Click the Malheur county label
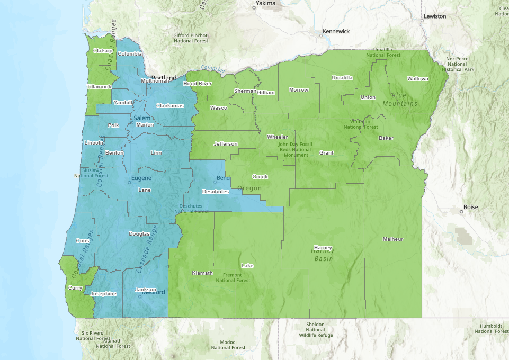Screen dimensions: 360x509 tap(393, 239)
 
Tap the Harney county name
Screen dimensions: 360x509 tap(323, 247)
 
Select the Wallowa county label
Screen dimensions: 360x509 tap(417, 79)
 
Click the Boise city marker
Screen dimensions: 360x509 tap(461, 212)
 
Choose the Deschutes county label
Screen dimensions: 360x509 tap(216, 191)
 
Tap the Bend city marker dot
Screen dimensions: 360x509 tap(215, 182)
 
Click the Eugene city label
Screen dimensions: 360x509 tap(141, 178)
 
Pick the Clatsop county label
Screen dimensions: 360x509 tap(103, 51)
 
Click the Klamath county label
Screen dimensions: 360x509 tap(202, 273)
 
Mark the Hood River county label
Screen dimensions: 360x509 tap(198, 84)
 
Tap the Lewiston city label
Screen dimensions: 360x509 tap(435, 16)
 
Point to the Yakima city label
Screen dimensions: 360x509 tap(265, 3)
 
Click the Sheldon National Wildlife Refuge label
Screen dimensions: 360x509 tap(315, 329)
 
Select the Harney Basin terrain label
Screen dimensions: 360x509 tap(323, 255)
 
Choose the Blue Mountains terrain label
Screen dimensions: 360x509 tap(400, 99)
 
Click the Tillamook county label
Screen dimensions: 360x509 tap(100, 87)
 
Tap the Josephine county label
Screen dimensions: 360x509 tap(104, 293)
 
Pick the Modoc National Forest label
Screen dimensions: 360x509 tap(228, 345)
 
